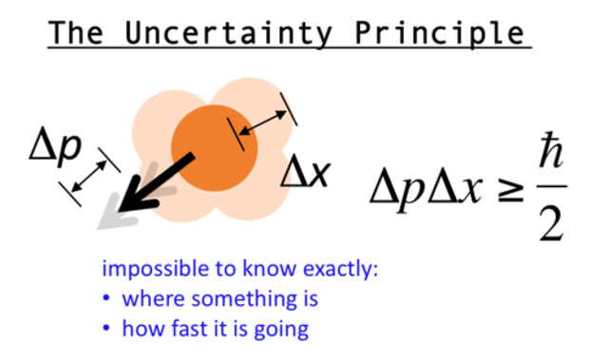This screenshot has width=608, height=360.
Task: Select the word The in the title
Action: (x=82, y=32)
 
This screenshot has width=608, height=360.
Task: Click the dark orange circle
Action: (x=214, y=148)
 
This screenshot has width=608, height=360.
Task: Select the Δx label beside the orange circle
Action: (x=306, y=172)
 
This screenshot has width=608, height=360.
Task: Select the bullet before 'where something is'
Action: (x=107, y=299)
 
